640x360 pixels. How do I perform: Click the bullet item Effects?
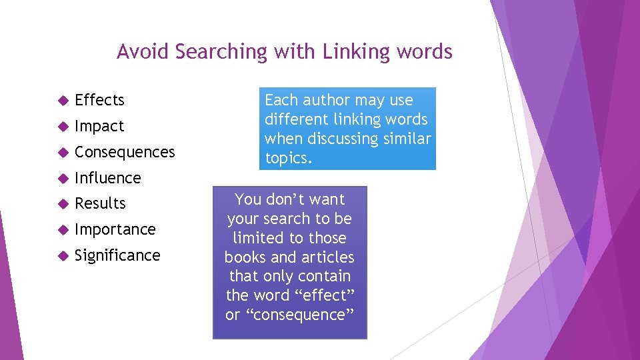click(x=99, y=100)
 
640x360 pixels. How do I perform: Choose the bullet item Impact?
click(x=99, y=126)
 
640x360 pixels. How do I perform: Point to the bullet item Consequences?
click(x=125, y=152)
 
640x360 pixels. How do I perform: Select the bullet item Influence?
click(x=108, y=178)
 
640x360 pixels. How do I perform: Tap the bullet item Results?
click(x=100, y=203)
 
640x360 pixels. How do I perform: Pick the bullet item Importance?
click(x=115, y=229)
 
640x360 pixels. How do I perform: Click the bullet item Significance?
click(x=117, y=255)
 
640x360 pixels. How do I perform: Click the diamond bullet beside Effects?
click(x=63, y=101)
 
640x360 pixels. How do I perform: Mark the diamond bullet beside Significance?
click(x=63, y=256)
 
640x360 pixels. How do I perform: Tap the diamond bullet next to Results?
click(x=63, y=204)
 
